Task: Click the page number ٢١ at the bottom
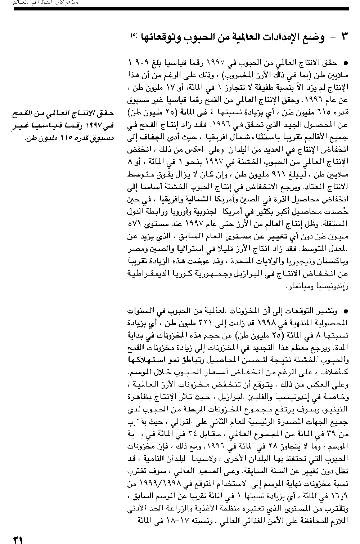(18, 539)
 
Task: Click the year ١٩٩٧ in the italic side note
(95, 126)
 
